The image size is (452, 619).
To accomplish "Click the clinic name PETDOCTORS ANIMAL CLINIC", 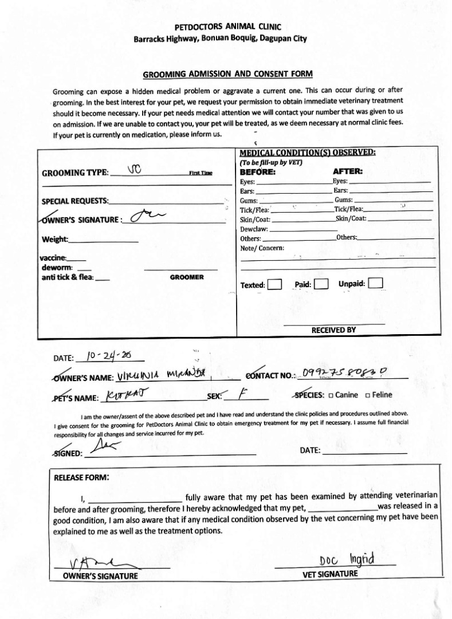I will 227,28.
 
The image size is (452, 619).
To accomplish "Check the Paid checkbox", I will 321,284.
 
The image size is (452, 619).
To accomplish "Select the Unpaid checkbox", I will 376,283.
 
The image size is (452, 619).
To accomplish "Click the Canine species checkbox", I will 331,395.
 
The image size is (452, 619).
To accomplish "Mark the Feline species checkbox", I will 367,395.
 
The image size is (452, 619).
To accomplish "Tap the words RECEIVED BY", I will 333,330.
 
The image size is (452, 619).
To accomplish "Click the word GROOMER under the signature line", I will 187,277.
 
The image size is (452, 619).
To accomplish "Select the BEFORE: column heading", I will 258,171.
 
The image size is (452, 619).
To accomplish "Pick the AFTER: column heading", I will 348,171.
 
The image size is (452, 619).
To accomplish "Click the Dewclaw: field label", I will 254,229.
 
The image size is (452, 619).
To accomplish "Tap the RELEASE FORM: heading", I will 81,477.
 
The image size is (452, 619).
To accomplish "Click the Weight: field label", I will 55,239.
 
